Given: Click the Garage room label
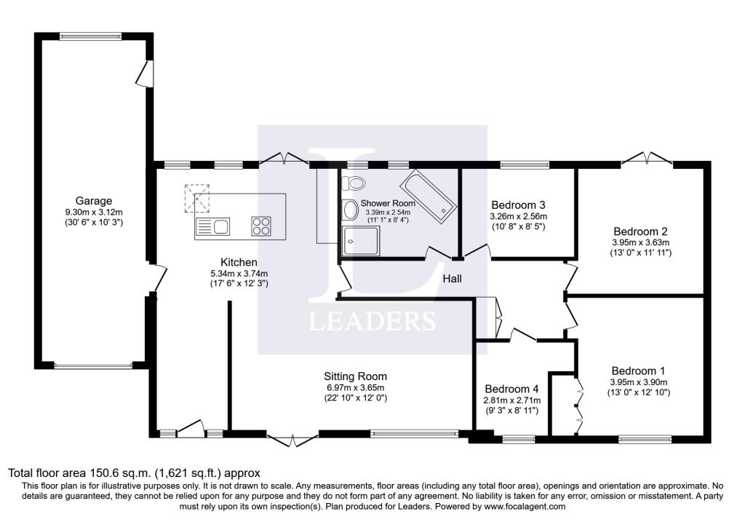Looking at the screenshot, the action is (94, 201).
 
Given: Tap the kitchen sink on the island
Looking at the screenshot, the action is (212, 226).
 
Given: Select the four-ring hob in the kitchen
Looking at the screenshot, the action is (261, 226).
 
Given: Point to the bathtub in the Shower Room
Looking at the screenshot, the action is (428, 195).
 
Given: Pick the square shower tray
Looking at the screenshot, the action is (361, 241).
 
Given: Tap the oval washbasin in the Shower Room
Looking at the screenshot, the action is (350, 210).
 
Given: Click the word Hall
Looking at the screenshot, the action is (452, 279).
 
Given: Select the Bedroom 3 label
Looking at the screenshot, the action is (518, 205).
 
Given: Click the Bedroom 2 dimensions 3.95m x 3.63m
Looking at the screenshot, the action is (640, 242).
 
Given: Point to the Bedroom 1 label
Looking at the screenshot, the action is (638, 371).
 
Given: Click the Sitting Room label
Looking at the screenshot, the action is (355, 376).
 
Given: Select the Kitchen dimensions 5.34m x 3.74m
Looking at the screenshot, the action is (239, 273).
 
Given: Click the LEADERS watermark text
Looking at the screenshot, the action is (372, 321).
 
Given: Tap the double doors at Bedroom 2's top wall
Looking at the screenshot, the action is (647, 159).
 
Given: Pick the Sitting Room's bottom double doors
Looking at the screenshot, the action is (292, 440).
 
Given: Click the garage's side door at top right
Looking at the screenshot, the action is (145, 74).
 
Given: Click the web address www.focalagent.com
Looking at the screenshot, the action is (525, 506).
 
